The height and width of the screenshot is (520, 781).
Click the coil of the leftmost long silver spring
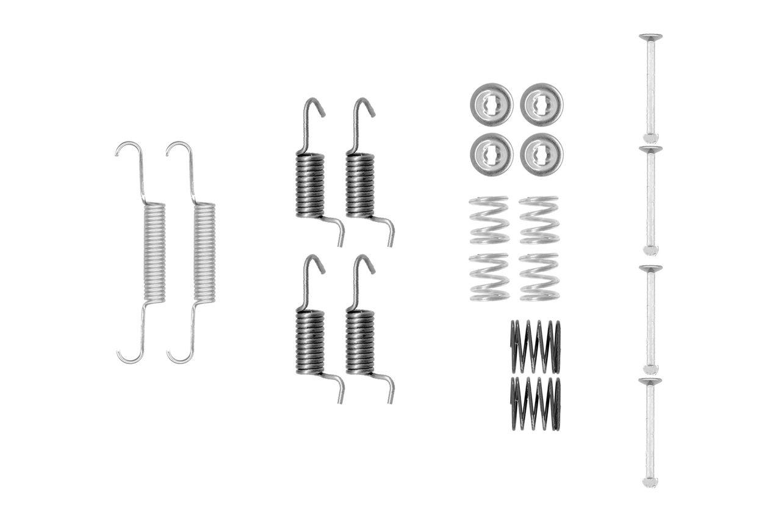pos(154,252)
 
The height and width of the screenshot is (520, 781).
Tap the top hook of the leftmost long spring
pos(127,146)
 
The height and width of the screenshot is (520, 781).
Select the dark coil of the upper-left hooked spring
pos(310,185)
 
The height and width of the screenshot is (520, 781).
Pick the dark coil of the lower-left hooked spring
pos(310,341)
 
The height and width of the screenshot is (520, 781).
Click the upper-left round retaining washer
pos(491,104)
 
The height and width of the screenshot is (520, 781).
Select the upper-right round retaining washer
pos(541,104)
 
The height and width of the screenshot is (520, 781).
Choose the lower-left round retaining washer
pos(491,154)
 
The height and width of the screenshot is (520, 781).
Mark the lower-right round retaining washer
pos(541,154)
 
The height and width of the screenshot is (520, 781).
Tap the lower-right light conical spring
pos(539,277)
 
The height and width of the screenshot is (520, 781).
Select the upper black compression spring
pos(535,346)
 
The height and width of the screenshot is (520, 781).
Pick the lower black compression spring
pos(535,403)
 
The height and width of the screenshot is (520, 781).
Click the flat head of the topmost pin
pos(650,37)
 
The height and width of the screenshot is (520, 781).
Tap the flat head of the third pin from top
pos(650,269)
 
